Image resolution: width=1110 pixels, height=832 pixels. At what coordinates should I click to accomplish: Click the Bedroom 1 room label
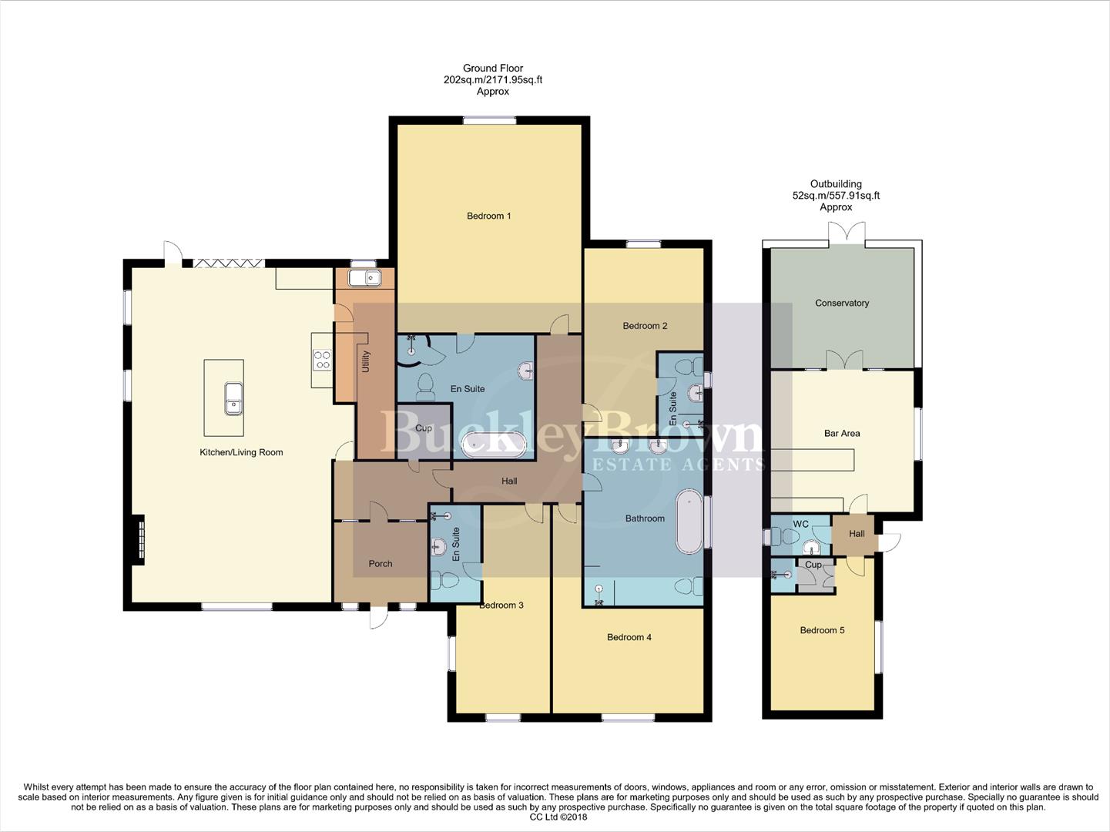pos(488,216)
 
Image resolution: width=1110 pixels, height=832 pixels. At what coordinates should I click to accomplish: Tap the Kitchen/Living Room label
pos(241,452)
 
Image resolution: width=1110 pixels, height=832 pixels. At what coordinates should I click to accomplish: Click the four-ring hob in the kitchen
pos(322,360)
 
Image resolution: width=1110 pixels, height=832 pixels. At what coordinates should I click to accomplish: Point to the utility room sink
pos(364,277)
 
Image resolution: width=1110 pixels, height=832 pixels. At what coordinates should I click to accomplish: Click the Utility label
pos(366,362)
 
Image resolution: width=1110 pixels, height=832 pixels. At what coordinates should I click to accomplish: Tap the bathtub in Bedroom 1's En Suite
pos(494,445)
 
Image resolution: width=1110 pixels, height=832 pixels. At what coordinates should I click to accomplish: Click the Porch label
pos(381,564)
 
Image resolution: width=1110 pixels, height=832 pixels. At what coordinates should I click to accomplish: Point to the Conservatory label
pos(841,303)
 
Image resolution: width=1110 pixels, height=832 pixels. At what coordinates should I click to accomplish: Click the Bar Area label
pos(841,433)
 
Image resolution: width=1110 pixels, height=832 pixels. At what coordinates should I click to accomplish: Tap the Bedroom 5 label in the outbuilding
pos(822,630)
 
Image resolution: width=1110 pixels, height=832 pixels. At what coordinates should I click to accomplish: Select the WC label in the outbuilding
pos(800,524)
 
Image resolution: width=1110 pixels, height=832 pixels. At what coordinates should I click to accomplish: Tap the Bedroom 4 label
pos(629,637)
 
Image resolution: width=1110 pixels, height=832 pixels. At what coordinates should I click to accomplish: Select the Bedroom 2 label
pos(645,326)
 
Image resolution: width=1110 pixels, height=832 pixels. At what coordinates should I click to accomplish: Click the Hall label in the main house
pos(509,481)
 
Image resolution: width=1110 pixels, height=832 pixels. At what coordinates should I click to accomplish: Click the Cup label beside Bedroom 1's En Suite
pos(423,428)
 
